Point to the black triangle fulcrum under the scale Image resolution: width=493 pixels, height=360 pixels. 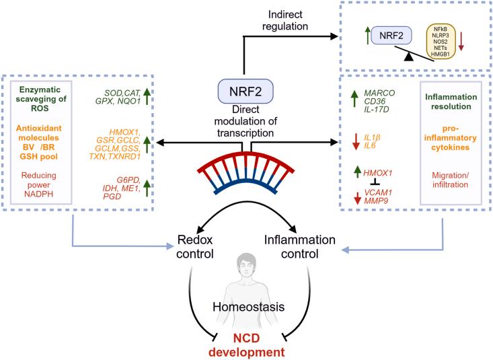pyautogui.click(x=409, y=62)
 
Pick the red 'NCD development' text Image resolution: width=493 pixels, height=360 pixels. pyautogui.click(x=247, y=344)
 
